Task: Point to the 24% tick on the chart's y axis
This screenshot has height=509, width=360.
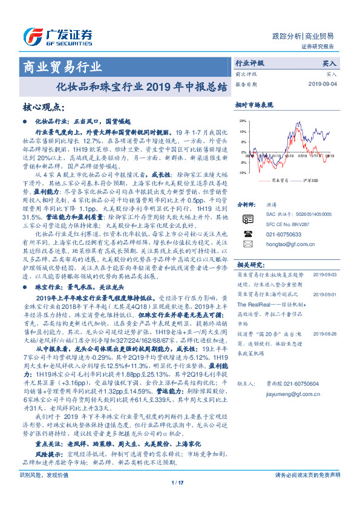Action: [243, 122]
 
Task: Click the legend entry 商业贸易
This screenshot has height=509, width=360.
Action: [274, 181]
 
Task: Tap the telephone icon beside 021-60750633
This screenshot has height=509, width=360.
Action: [247, 232]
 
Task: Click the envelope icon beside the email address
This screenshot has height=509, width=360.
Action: [247, 244]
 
